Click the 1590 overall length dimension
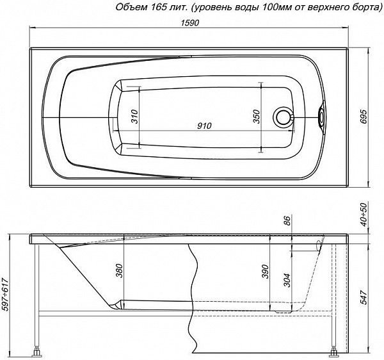tap(190, 22)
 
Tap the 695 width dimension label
tap(364, 117)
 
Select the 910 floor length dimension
tap(204, 126)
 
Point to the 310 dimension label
tap(134, 117)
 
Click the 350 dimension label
tap(256, 117)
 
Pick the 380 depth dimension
tap(119, 270)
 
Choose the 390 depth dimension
tap(265, 272)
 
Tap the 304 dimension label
tap(287, 280)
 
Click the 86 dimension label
tap(287, 220)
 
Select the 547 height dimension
tap(364, 297)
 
